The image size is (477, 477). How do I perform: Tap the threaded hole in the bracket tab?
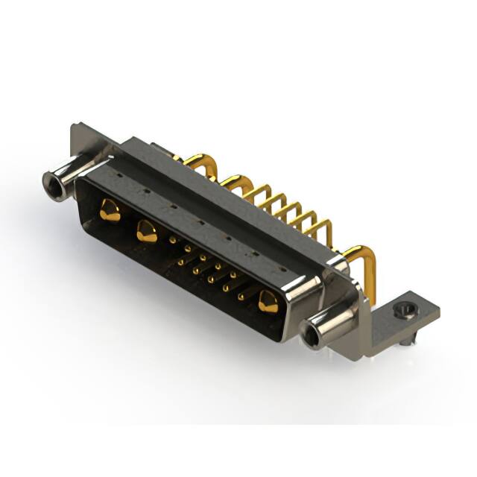coord(404,307)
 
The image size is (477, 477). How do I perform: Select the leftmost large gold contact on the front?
coord(110,211)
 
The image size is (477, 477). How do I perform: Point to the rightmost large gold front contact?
coord(268,303)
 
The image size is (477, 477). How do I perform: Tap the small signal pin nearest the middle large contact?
coord(173,240)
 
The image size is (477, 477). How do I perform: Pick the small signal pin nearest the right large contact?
coord(241,297)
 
